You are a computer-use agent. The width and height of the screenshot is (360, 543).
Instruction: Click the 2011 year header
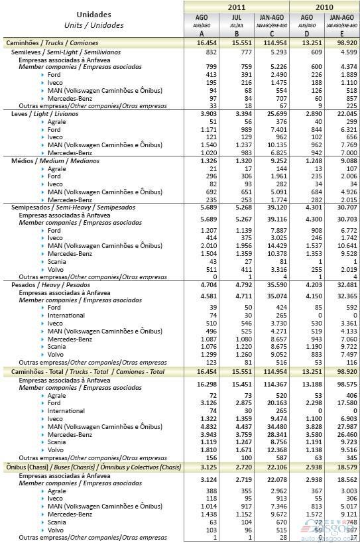(x=236, y=7)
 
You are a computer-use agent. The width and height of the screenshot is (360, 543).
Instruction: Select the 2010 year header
(x=324, y=7)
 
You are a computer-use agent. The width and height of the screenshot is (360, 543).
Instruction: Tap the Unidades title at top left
(x=93, y=14)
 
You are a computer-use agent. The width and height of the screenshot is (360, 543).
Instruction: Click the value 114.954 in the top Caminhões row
(x=272, y=42)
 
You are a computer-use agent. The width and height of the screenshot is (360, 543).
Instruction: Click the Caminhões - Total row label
(x=84, y=373)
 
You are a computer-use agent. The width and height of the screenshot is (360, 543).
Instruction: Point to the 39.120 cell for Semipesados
(x=272, y=208)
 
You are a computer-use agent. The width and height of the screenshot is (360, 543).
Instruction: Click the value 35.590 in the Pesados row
(x=272, y=284)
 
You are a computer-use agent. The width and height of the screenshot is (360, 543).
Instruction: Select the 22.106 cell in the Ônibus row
(x=272, y=467)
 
